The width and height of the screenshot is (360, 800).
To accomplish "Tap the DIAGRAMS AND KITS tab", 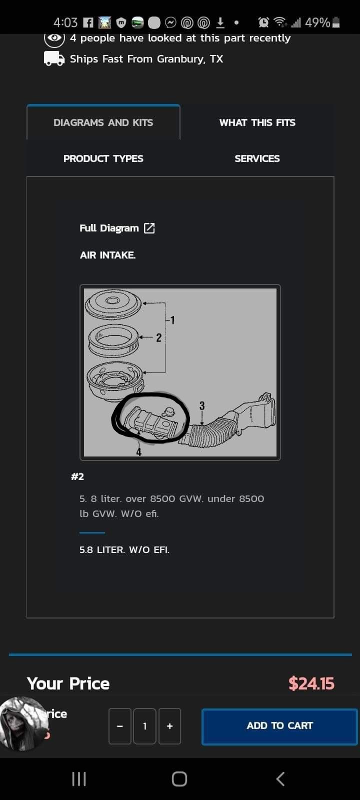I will coord(103,122).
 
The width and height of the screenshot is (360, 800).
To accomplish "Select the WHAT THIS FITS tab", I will coord(257,122).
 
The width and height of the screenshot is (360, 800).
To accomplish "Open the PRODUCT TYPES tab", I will coord(103,158).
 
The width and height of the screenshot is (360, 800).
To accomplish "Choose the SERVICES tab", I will coord(257,158).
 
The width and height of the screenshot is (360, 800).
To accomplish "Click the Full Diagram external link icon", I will coord(149,228).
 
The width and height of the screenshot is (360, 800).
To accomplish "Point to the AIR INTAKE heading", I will coord(107,255).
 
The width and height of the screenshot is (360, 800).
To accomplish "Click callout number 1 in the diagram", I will coord(172,320).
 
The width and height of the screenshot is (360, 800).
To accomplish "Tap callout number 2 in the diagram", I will coord(158,337).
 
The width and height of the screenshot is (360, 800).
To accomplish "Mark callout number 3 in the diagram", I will coord(202,405).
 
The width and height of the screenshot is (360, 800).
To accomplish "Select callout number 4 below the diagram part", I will coord(138,452).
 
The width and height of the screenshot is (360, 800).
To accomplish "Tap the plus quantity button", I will coord(169,726).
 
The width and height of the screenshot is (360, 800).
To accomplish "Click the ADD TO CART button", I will coord(279,726).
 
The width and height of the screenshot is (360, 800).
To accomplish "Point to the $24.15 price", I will coord(311,683).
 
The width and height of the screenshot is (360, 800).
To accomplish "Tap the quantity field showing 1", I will coord(145,726).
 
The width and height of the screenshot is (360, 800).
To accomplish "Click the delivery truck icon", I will coord(54,59).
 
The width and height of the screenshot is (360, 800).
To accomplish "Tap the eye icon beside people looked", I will coord(54,38).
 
